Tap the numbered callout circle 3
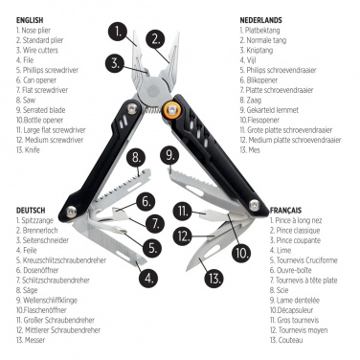click(115, 64)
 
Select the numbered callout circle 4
click(147, 278)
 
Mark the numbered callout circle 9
click(170, 155)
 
